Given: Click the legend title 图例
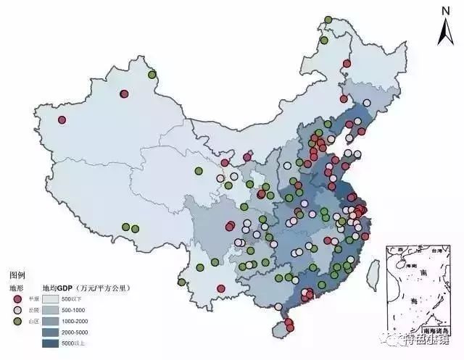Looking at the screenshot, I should pos(17,276).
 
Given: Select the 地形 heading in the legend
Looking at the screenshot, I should pos(17,288).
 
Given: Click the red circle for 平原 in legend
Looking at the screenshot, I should pos(17,298).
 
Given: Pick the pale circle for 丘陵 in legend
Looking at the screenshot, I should pos(17,309).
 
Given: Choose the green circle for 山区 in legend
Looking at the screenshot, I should pos(17,320).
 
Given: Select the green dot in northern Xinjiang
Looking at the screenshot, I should pos(152,74).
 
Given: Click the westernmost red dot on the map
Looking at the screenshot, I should pos(62,120).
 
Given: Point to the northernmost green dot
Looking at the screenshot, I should pos(328,20).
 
